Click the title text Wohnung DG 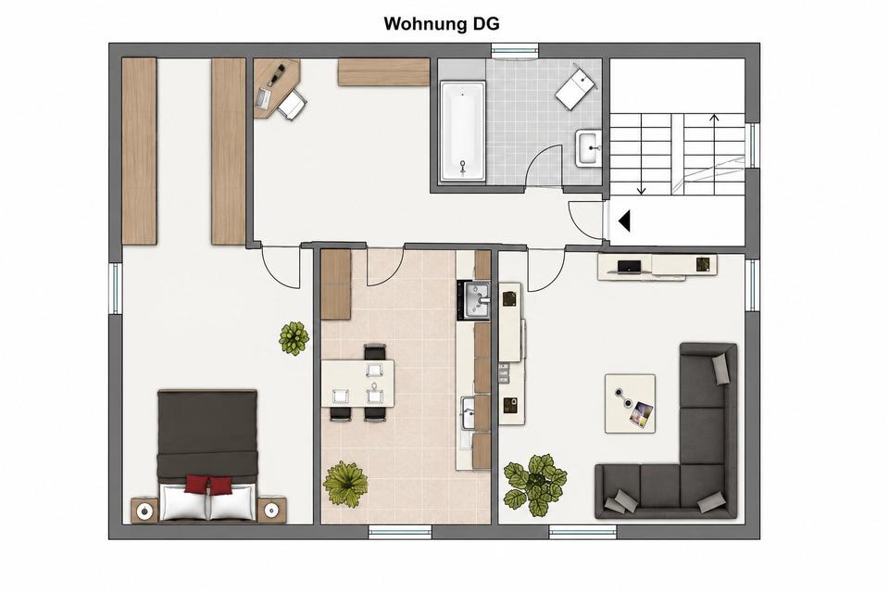(442, 24)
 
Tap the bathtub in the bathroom (463, 132)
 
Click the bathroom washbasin (589, 148)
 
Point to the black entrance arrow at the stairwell (624, 221)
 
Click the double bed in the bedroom (207, 455)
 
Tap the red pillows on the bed (208, 486)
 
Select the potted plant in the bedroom (294, 338)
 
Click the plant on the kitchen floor (345, 484)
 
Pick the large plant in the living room (535, 484)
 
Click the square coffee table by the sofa (630, 403)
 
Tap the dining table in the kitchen (357, 384)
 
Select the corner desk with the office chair (277, 89)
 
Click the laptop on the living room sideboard (629, 267)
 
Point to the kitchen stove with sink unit (473, 299)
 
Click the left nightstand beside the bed (144, 511)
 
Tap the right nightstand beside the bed (272, 511)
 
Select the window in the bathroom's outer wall (514, 52)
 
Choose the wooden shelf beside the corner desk (383, 72)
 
